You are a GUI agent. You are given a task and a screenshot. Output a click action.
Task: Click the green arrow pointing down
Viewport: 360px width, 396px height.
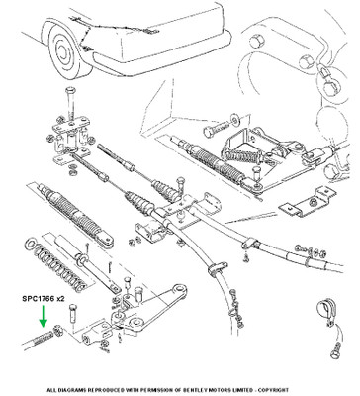tap(43, 317)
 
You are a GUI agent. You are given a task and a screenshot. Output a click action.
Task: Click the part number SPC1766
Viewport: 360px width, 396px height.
tap(39, 299)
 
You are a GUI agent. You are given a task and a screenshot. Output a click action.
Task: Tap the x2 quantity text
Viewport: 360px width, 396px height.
tap(60, 299)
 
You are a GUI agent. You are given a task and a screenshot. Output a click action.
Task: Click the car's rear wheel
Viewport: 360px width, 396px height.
tap(67, 52)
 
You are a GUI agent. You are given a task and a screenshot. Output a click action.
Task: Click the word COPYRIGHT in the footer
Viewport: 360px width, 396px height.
tap(274, 390)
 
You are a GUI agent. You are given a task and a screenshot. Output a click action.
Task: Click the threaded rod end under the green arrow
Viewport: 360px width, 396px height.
tap(38, 340)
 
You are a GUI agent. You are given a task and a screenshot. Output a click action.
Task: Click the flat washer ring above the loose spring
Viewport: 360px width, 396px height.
tap(31, 245)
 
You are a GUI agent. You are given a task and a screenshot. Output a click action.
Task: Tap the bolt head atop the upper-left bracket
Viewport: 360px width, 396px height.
tap(70, 90)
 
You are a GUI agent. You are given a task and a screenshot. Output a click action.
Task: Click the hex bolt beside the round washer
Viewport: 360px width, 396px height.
tap(217, 129)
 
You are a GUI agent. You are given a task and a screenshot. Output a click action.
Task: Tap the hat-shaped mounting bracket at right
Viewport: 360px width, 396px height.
tap(305, 203)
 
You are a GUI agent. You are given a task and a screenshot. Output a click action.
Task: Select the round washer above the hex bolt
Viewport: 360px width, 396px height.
tap(235, 119)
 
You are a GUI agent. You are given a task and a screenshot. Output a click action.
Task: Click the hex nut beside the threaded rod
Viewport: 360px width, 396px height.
tap(58, 330)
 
